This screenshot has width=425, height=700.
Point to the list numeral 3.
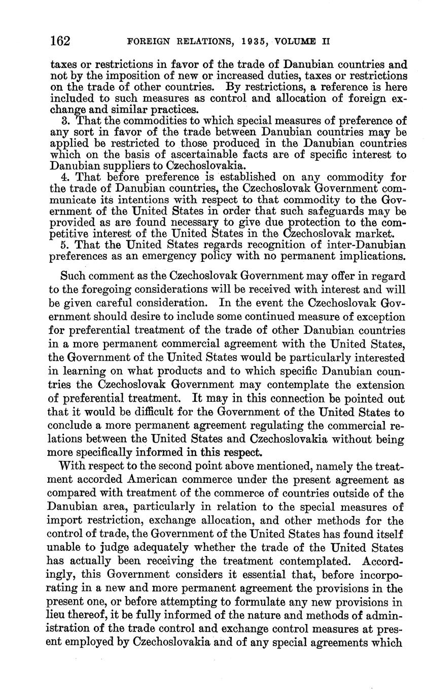pyautogui.click(x=64, y=121)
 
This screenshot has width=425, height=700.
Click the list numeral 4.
pyautogui.click(x=64, y=177)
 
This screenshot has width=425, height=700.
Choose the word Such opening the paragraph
pyautogui.click(x=73, y=277)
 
